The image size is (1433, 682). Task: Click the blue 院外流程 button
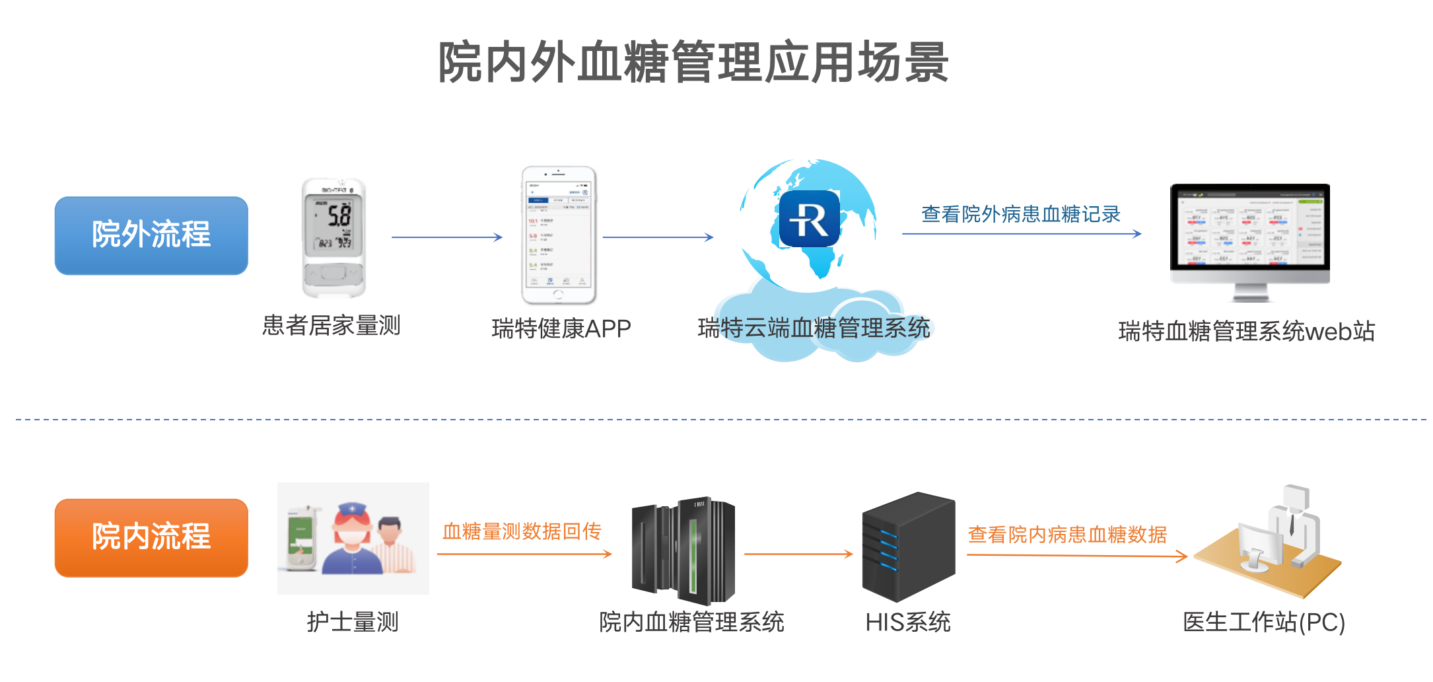click(x=151, y=235)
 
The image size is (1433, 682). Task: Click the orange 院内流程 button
click(x=151, y=537)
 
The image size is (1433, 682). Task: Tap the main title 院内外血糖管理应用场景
click(x=693, y=62)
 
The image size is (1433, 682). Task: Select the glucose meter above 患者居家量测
click(x=334, y=237)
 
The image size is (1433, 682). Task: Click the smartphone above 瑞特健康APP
click(x=559, y=235)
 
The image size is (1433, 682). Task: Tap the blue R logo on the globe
click(x=809, y=219)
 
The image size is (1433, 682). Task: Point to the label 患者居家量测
click(x=332, y=326)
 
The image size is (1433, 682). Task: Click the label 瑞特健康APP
click(x=561, y=328)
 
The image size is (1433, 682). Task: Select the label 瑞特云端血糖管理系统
click(x=814, y=328)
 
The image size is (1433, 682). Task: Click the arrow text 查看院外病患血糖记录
click(x=1021, y=214)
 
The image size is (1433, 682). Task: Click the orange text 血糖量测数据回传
click(x=522, y=531)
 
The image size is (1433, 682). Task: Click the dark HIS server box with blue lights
click(x=909, y=547)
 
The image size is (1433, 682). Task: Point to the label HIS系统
click(x=908, y=622)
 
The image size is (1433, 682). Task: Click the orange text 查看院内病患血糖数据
click(x=1067, y=535)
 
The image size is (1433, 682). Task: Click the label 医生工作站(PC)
click(x=1264, y=623)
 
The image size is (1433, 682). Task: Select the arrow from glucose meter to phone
click(x=446, y=237)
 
